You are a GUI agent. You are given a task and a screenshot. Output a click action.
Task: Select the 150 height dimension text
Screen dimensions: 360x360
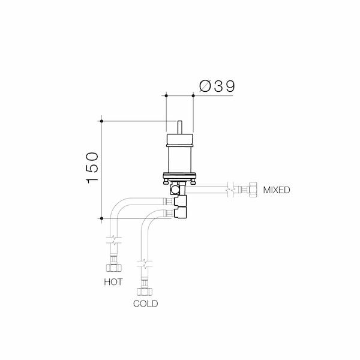click(x=92, y=167)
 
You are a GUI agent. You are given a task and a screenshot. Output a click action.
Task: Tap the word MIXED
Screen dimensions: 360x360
click(x=277, y=190)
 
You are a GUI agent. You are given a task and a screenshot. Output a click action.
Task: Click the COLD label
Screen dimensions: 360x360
click(x=145, y=304)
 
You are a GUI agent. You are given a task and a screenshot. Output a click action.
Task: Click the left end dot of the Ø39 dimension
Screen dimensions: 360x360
click(x=165, y=95)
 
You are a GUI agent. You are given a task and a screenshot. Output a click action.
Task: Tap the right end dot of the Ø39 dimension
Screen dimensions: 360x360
click(x=193, y=95)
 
